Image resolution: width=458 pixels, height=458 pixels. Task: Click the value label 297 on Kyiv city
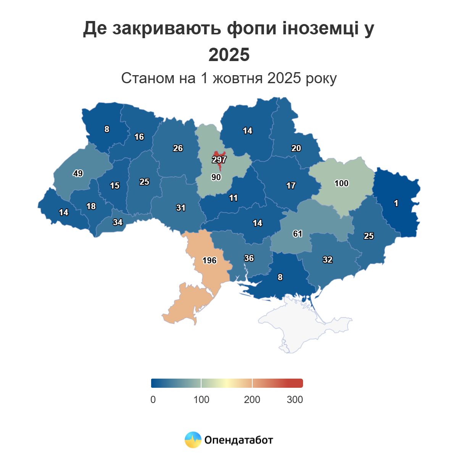coord(219,160)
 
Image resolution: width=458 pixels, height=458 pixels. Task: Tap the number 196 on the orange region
coord(209,260)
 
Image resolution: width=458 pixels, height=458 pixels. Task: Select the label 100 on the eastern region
coord(341,183)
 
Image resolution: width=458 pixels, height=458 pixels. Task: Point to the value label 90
coord(216,177)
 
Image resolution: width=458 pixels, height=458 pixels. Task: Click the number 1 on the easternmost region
coord(396,203)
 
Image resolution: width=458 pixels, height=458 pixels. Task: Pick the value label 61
coord(298,234)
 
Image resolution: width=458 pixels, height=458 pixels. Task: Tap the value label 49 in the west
coord(78,173)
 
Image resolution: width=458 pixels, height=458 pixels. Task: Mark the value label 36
coord(249,258)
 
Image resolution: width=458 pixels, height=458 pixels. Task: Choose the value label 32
coord(327,260)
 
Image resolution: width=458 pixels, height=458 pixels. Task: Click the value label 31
coord(181,208)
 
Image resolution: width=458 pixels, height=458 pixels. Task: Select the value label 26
coord(178,148)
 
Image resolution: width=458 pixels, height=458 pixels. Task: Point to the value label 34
coord(118,222)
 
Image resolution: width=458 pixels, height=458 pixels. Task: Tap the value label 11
coord(233,198)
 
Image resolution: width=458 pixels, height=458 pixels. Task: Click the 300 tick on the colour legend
coord(295,400)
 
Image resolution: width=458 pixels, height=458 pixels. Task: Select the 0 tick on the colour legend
coord(153,400)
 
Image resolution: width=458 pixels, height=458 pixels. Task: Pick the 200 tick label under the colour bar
coord(252,400)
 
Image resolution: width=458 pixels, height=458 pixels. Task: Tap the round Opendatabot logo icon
coord(193,440)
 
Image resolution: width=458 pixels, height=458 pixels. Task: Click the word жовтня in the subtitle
coord(237,78)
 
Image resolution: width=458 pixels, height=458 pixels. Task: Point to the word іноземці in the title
coord(321,29)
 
